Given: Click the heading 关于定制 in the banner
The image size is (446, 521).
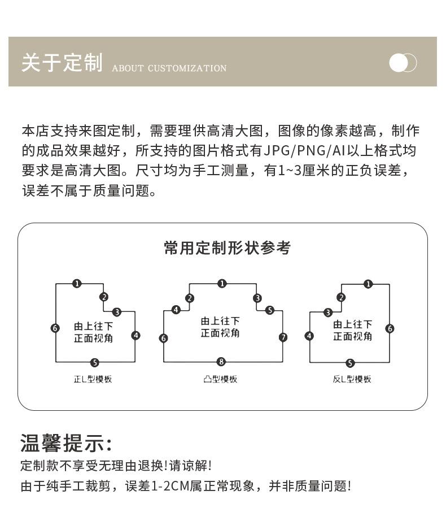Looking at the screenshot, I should click(62, 63).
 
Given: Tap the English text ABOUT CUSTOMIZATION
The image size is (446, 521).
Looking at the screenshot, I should click(169, 68).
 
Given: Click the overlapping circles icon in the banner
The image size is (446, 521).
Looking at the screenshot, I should click(403, 63).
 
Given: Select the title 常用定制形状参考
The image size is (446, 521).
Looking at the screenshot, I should click(227, 248).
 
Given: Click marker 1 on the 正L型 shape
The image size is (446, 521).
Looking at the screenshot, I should click(77, 284).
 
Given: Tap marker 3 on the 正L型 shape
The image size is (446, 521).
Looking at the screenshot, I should click(117, 312).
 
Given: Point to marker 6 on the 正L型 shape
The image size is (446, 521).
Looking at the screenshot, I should click(55, 328).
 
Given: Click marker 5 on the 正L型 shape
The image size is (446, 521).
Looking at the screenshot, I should click(95, 363).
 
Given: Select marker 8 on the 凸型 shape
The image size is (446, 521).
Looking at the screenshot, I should click(221, 362).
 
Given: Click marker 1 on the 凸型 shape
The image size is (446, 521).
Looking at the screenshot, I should click(222, 284).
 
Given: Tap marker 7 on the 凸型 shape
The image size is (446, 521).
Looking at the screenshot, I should click(283, 337).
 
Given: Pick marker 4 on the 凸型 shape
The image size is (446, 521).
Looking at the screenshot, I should click(176, 310).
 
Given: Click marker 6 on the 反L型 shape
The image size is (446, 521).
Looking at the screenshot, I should click(390, 328).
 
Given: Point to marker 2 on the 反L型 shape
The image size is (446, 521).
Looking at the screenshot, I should click(341, 298).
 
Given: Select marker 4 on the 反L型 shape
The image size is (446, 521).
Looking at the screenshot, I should click(309, 336).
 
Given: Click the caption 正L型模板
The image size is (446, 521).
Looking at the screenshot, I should click(93, 379).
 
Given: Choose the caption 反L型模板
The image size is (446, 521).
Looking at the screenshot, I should click(352, 379).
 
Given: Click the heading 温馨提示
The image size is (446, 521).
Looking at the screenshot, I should click(66, 443).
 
